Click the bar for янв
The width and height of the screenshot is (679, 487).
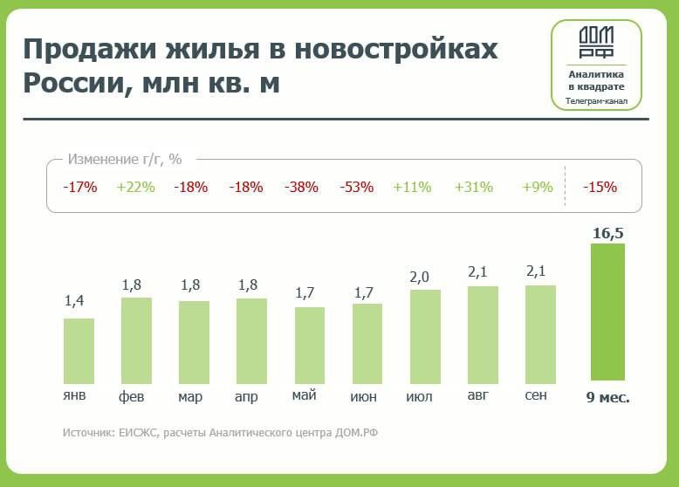(x=79, y=349)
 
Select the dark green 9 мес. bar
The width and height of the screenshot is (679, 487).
(x=608, y=312)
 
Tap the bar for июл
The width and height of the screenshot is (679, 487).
(x=425, y=335)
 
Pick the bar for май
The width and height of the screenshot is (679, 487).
(x=310, y=344)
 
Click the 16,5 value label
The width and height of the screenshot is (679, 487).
(x=608, y=232)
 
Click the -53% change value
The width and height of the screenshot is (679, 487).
(x=356, y=187)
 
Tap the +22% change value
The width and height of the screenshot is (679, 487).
(x=134, y=187)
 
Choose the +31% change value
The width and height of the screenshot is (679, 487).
(x=474, y=187)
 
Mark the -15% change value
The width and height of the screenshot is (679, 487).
(x=600, y=187)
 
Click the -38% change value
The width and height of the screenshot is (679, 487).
(x=301, y=187)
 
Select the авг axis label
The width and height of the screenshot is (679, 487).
(x=478, y=396)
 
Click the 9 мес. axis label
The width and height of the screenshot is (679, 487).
(x=607, y=397)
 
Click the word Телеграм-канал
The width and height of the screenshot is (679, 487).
(x=597, y=101)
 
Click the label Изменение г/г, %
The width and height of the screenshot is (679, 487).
(x=124, y=160)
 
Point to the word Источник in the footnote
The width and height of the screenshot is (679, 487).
(x=88, y=433)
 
